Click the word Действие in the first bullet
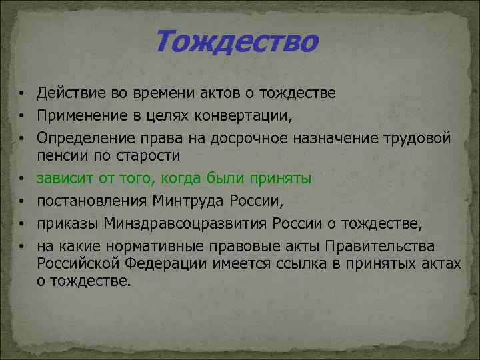(68, 91)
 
